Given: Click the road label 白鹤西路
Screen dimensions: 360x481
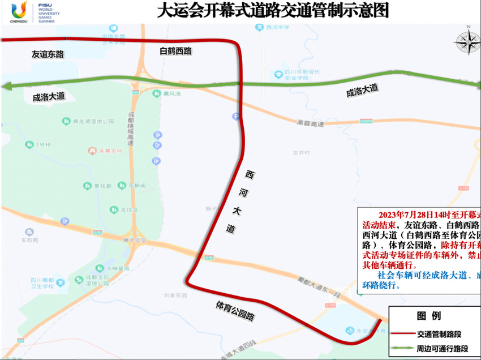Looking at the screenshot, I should pyautogui.click(x=176, y=52).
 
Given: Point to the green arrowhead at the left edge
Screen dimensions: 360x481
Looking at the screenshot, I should pyautogui.click(x=7, y=86).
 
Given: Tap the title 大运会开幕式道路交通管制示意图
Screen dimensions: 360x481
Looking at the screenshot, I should pyautogui.click(x=272, y=11).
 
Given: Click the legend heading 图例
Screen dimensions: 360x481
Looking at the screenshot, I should pyautogui.click(x=428, y=316).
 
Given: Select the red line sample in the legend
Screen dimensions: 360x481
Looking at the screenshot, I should pyautogui.click(x=402, y=334).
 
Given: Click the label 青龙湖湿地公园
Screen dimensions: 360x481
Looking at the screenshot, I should pyautogui.click(x=94, y=121).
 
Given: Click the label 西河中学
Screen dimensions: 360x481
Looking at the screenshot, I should pyautogui.click(x=278, y=27).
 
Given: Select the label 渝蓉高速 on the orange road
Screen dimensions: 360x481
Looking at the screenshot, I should pyautogui.click(x=310, y=123).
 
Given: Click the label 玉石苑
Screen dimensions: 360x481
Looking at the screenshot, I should pyautogui.click(x=29, y=239).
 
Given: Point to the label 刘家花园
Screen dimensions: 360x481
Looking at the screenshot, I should pyautogui.click(x=175, y=295).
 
